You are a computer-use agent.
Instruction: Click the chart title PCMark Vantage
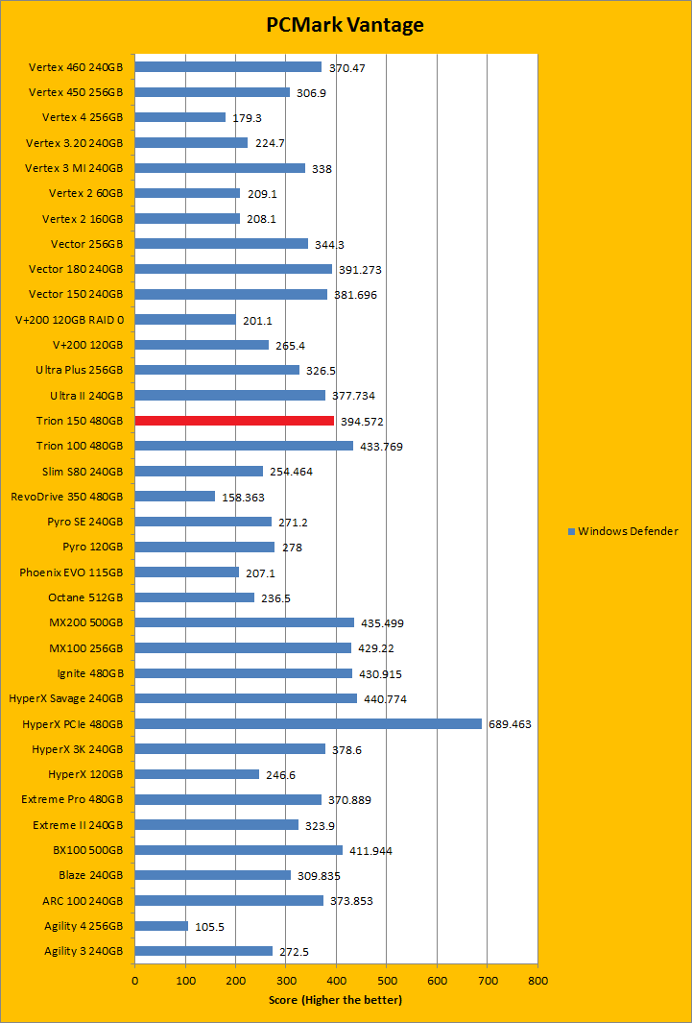345,25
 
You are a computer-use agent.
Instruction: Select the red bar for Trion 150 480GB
234,421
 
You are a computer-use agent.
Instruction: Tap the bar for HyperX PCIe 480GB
307,723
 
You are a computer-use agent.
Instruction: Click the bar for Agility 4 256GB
161,925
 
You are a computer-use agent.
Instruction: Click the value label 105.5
210,926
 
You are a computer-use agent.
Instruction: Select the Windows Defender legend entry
627,531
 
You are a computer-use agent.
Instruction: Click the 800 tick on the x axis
537,981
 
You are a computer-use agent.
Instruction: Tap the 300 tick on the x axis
286,981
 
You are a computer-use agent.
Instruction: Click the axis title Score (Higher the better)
336,1000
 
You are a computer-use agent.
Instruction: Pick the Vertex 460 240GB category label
76,67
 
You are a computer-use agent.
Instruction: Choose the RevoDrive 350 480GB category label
67,497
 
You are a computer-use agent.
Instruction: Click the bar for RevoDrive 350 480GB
175,497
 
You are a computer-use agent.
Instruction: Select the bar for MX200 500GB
244,622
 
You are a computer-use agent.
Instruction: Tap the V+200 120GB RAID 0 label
70,320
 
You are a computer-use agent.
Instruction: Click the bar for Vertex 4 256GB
179,117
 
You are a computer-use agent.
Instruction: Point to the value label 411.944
370,851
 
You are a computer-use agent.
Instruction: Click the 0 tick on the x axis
134,981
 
